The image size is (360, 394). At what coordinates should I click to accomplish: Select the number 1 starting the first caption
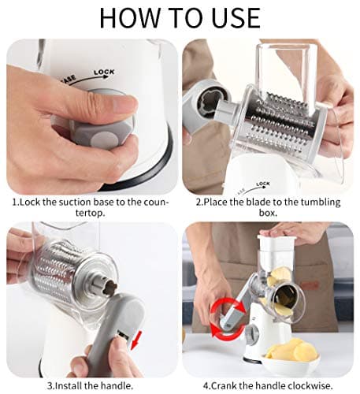click(x=14, y=203)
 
